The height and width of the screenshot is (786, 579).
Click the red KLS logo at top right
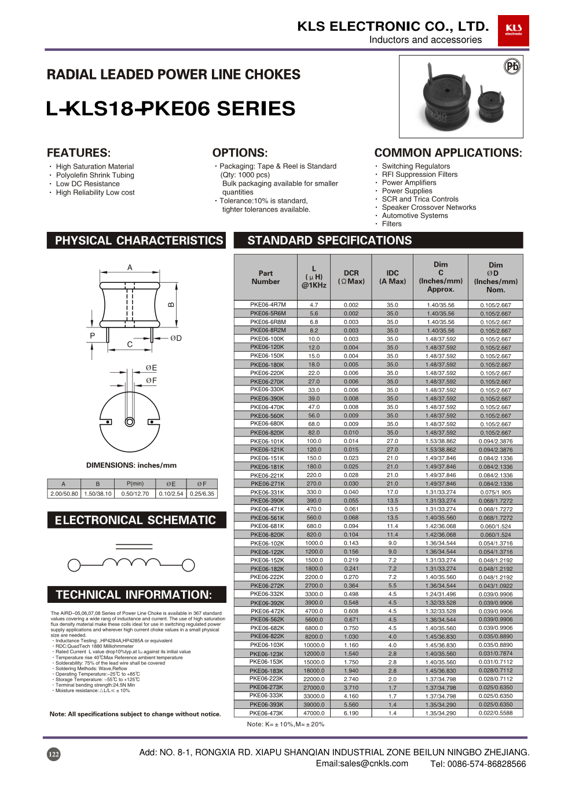pyautogui.click(x=513, y=31)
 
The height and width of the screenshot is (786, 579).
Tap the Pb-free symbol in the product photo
pyautogui.click(x=512, y=66)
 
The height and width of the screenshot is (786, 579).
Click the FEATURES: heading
pyautogui.click(x=79, y=153)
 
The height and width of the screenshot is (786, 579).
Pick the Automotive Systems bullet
pyautogui.click(x=415, y=216)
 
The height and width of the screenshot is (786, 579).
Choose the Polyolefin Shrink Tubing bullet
pyautogui.click(x=95, y=175)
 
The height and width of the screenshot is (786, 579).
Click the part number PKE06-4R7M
pyautogui.click(x=267, y=305)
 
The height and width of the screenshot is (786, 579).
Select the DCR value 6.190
pyautogui.click(x=351, y=714)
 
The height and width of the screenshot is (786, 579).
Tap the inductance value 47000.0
pyautogui.click(x=314, y=714)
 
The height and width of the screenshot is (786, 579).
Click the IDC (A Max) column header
pyautogui.click(x=393, y=277)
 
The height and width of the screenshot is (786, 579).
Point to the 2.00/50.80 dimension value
pyautogui.click(x=64, y=494)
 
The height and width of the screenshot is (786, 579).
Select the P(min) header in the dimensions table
pyautogui.click(x=135, y=484)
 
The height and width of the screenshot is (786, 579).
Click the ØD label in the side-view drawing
pyautogui.click(x=176, y=338)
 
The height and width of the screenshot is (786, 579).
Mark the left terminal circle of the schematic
pyautogui.click(x=74, y=565)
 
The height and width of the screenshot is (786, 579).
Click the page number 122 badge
pyautogui.click(x=53, y=754)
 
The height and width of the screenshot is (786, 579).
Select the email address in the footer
pyautogui.click(x=362, y=763)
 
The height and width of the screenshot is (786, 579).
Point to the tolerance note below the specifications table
pyautogui.click(x=285, y=725)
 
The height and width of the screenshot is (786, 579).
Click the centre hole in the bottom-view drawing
pyautogui.click(x=130, y=421)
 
